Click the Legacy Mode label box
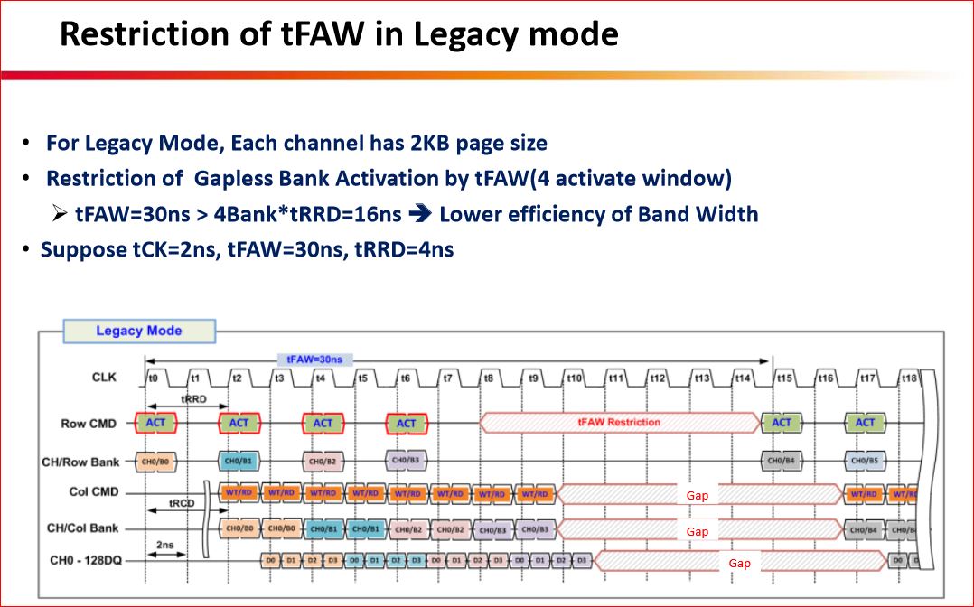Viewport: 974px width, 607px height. pyautogui.click(x=138, y=331)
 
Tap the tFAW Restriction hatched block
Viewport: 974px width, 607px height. pyautogui.click(x=619, y=422)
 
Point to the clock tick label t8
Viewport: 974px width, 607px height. pyautogui.click(x=489, y=377)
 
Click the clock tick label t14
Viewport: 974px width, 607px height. pyautogui.click(x=742, y=377)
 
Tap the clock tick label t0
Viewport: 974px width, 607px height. pyautogui.click(x=153, y=377)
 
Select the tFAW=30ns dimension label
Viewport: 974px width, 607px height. pyautogui.click(x=310, y=359)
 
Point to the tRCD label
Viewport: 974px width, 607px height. pyautogui.click(x=182, y=503)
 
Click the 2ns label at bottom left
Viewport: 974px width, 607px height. pyautogui.click(x=164, y=546)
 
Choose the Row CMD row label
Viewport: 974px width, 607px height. pyautogui.click(x=86, y=423)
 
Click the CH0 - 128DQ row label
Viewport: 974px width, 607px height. pyautogui.click(x=83, y=561)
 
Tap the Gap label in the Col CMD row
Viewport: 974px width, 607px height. pyautogui.click(x=697, y=495)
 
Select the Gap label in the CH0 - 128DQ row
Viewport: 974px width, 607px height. pyautogui.click(x=739, y=563)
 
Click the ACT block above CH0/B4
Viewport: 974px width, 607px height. pyautogui.click(x=781, y=422)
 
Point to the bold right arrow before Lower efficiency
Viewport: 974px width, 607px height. pyautogui.click(x=420, y=214)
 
